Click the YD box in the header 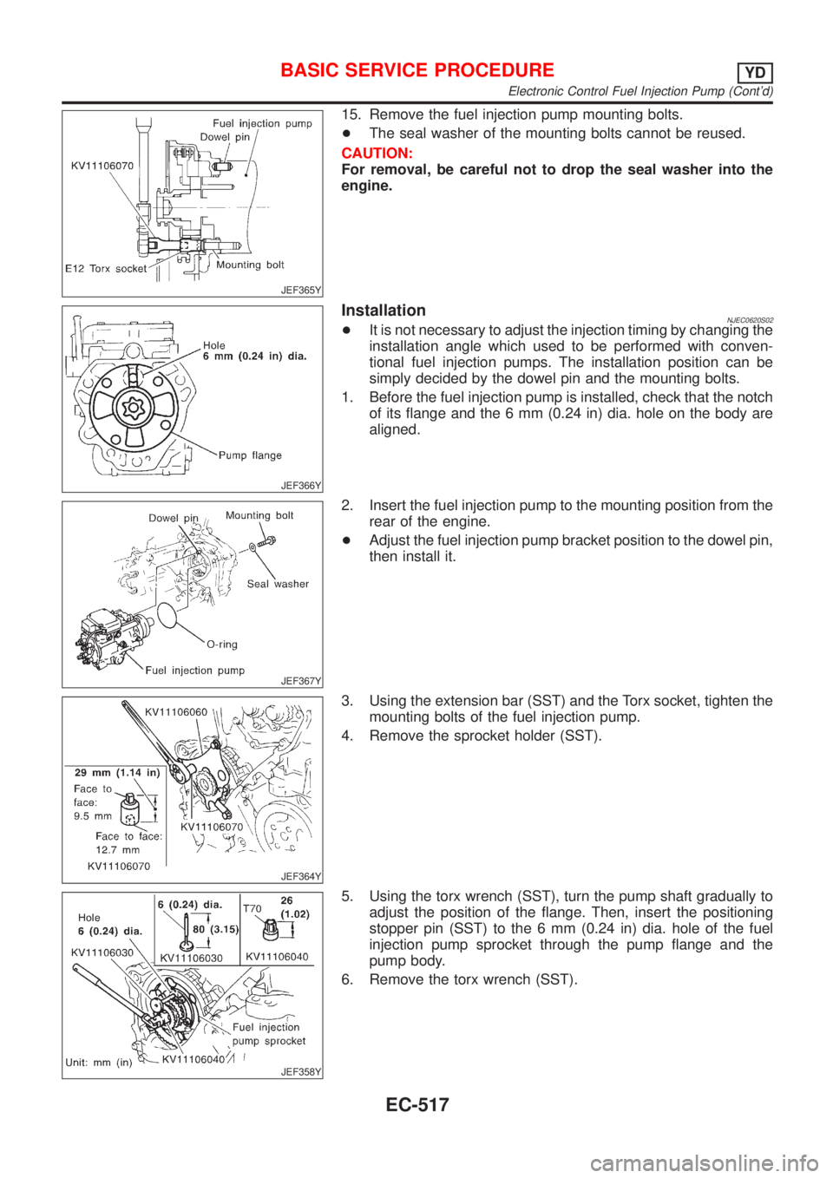tap(756, 71)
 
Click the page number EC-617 tap(416, 1104)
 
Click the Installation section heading tap(384, 311)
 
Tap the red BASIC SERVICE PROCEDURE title tap(417, 70)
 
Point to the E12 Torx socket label tap(105, 269)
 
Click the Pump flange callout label tap(250, 455)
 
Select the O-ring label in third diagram tap(222, 645)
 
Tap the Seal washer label tap(278, 584)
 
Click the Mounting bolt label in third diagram tap(259, 515)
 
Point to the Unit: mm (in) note tap(98, 1060)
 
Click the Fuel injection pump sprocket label tap(268, 1033)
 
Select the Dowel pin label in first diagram tap(225, 136)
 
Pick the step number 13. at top tap(351, 115)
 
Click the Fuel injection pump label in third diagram tap(195, 671)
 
